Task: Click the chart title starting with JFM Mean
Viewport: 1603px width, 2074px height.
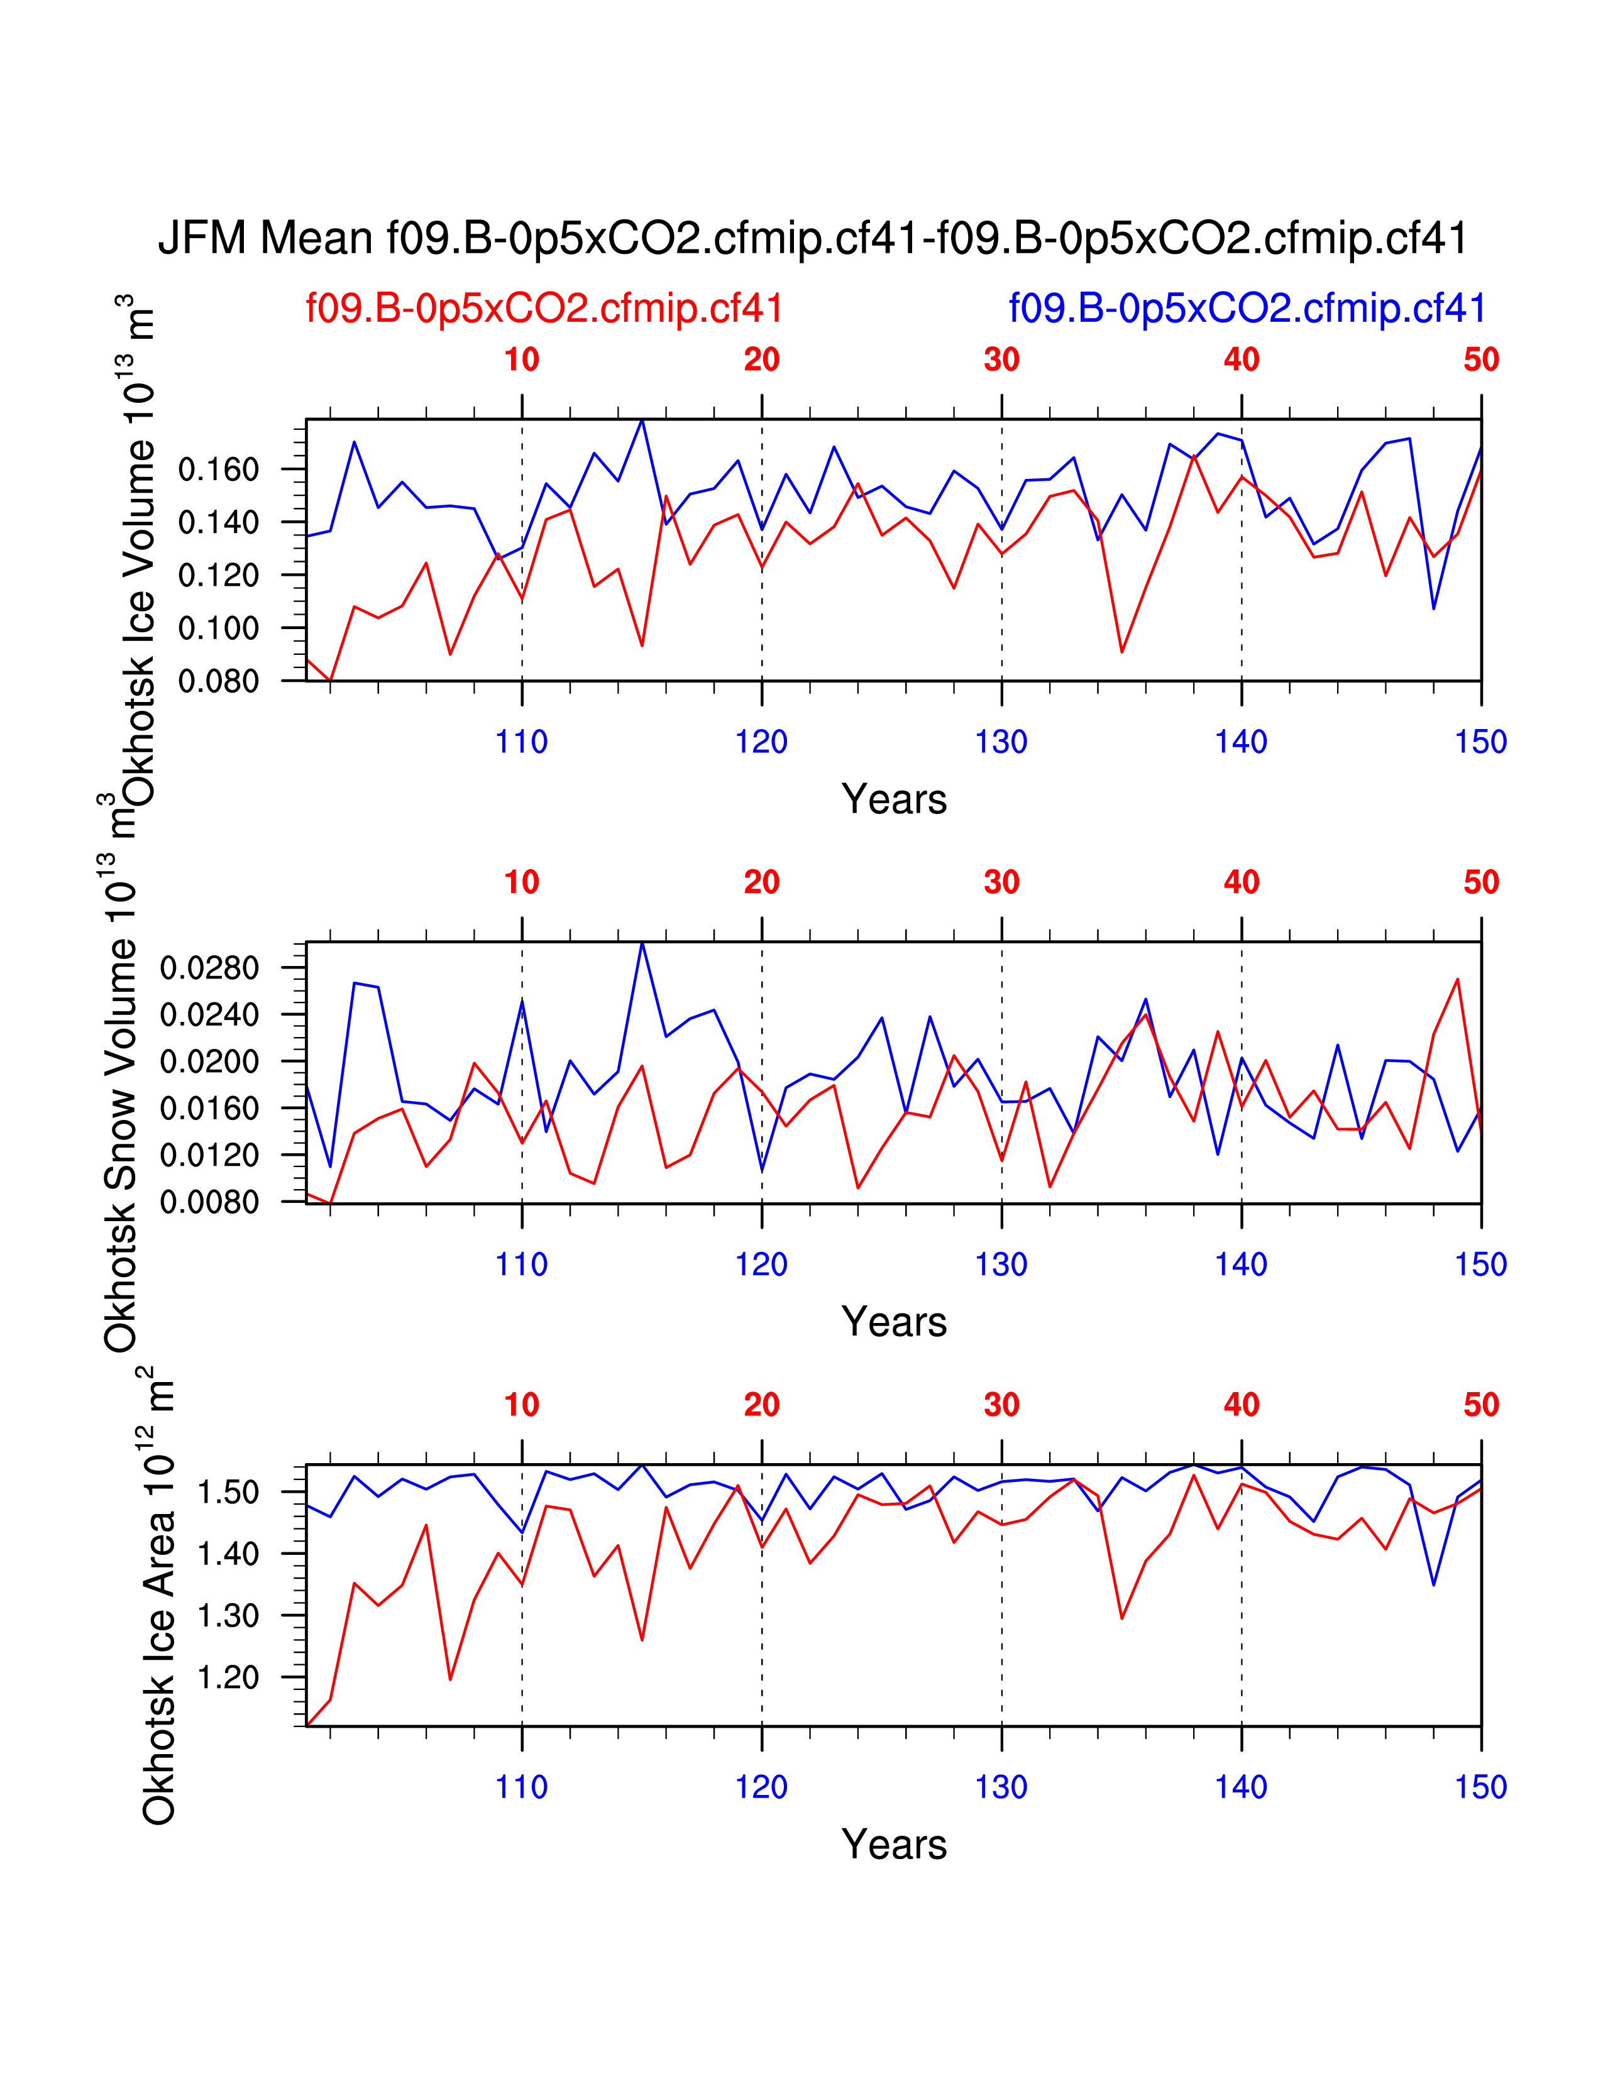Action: pos(813,238)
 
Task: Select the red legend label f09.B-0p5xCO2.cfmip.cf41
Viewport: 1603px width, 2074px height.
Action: pos(544,309)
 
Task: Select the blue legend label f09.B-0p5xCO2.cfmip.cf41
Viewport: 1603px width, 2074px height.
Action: pos(1247,309)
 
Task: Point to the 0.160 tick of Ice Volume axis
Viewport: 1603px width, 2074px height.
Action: pos(218,469)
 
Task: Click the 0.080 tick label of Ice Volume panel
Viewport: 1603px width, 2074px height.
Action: pos(218,681)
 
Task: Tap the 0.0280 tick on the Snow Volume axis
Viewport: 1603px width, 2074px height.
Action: pos(209,968)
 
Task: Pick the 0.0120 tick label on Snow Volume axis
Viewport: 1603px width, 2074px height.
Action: pos(209,1155)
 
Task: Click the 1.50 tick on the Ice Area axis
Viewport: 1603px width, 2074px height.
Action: pos(228,1492)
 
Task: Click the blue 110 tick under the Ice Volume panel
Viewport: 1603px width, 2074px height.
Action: pos(521,742)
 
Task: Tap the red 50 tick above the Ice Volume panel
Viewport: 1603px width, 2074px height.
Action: pos(1480,360)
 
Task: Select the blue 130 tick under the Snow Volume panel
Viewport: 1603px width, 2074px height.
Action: pos(1001,1264)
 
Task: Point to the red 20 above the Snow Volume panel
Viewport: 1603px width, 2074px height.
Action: pos(762,882)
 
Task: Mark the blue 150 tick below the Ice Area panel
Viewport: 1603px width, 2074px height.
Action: pos(1480,1787)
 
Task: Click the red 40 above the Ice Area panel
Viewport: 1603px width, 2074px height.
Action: pos(1241,1405)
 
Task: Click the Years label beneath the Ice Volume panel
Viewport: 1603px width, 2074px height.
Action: pos(894,799)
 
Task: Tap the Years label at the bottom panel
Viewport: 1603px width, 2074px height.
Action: pos(894,1844)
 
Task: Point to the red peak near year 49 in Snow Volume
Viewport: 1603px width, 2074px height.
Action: pos(1457,979)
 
